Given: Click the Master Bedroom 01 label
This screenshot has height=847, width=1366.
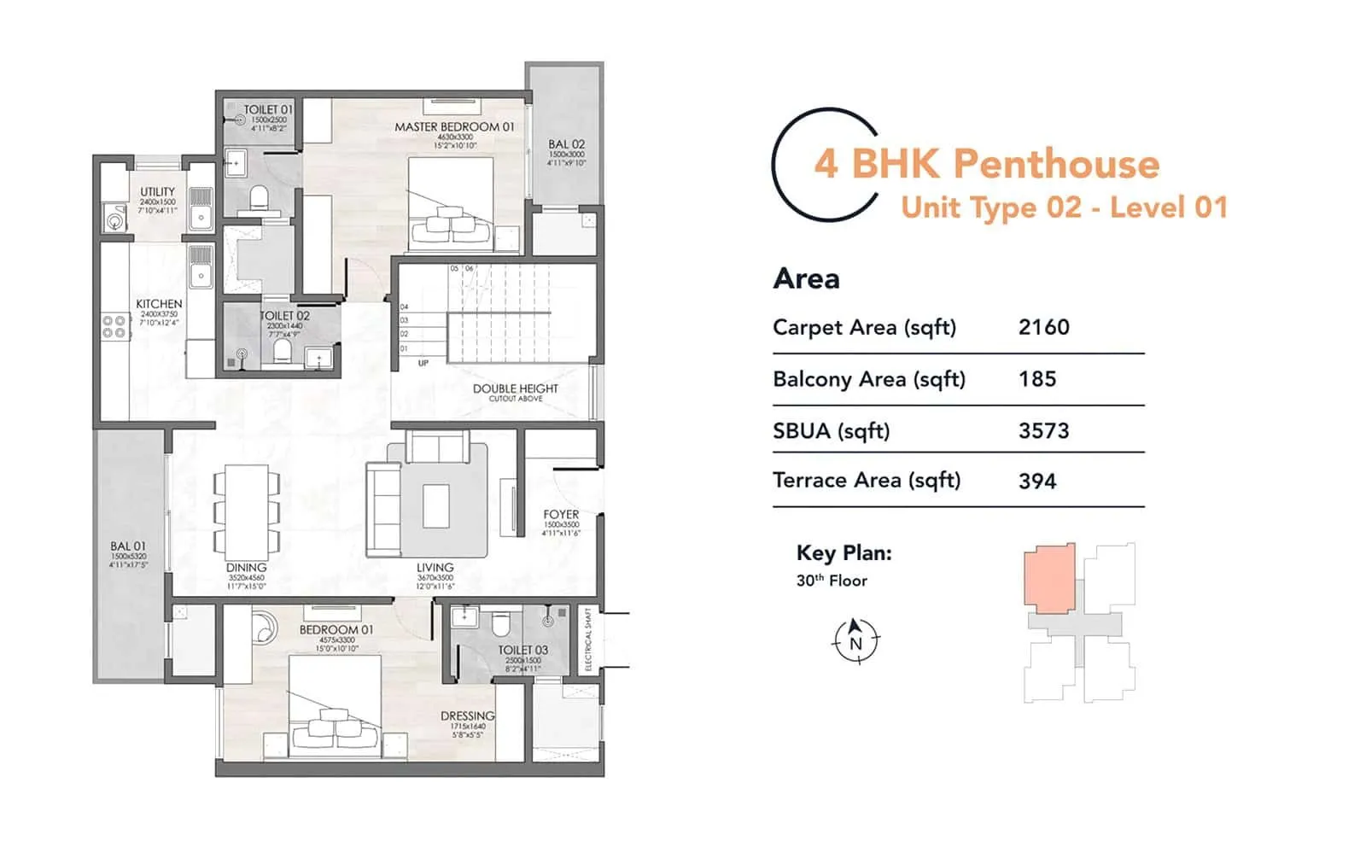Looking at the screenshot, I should (x=454, y=127).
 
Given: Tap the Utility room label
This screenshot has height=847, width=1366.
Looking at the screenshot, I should (x=157, y=192).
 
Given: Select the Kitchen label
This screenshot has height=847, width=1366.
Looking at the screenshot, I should (x=159, y=304).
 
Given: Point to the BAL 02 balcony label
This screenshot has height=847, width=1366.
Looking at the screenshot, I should (x=566, y=145).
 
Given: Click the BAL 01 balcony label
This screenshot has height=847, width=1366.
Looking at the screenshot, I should (x=128, y=546).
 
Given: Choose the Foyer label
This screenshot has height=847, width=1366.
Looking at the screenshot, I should (x=561, y=515).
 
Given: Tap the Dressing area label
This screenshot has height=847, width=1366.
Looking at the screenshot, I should (x=467, y=716).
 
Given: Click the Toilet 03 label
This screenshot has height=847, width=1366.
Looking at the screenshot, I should (x=522, y=651).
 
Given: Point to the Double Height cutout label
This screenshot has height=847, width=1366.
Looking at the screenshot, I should (x=515, y=389).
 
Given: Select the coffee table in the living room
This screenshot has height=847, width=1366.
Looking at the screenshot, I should (x=435, y=506).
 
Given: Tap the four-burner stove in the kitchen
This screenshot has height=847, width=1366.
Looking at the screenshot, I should (x=114, y=327).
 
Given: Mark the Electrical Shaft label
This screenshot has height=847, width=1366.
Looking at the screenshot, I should (x=588, y=640).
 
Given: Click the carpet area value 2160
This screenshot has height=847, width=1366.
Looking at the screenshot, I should (x=1043, y=327).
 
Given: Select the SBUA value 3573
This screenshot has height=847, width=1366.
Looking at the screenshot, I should (x=1043, y=430).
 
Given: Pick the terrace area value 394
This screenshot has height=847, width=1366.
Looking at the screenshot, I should (x=1037, y=482).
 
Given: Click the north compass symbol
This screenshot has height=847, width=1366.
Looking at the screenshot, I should (x=855, y=641).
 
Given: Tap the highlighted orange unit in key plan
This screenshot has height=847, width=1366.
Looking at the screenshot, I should (x=1049, y=578).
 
